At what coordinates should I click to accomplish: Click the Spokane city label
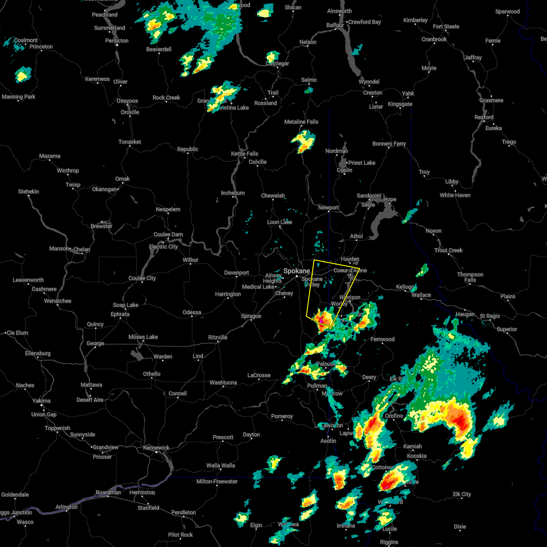pyautogui.click(x=297, y=271)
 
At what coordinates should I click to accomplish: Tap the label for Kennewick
pyautogui.click(x=156, y=448)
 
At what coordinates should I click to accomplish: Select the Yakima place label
pyautogui.click(x=42, y=401)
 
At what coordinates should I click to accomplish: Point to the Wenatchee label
pyautogui.click(x=57, y=301)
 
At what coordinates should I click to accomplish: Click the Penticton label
pyautogui.click(x=117, y=41)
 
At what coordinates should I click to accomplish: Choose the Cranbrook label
pyautogui.click(x=434, y=39)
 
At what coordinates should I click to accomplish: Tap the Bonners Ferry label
pyautogui.click(x=389, y=144)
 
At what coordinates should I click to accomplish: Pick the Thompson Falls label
pyautogui.click(x=470, y=277)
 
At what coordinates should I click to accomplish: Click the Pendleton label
pyautogui.click(x=184, y=512)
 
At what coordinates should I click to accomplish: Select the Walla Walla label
pyautogui.click(x=221, y=465)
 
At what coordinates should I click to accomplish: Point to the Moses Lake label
pyautogui.click(x=143, y=337)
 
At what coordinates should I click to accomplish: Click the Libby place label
pyautogui.click(x=452, y=181)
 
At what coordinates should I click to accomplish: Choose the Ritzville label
pyautogui.click(x=217, y=337)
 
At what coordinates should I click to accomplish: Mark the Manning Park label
pyautogui.click(x=18, y=97)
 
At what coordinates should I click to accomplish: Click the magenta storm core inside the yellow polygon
pyautogui.click(x=321, y=320)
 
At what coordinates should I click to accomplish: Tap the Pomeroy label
pyautogui.click(x=282, y=416)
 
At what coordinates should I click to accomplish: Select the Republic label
pyautogui.click(x=188, y=149)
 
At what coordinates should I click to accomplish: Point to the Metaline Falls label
pyautogui.click(x=301, y=122)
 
